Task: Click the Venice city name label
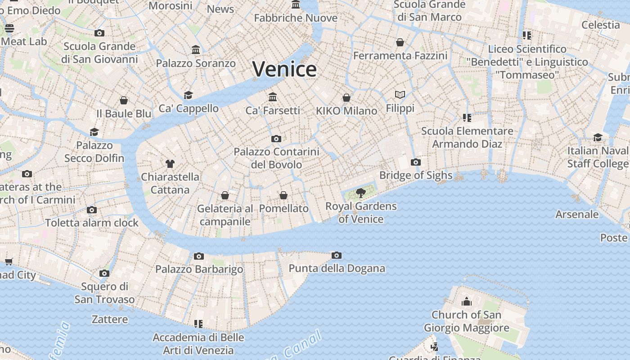click(x=284, y=69)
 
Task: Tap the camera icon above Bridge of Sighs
click(x=416, y=162)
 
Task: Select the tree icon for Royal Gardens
click(x=360, y=193)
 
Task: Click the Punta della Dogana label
click(x=337, y=269)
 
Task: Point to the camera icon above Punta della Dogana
click(x=336, y=256)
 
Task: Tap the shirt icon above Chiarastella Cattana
click(x=170, y=163)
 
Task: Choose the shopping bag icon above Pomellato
click(x=283, y=195)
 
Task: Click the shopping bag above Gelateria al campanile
click(x=225, y=195)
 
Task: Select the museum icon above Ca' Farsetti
click(x=273, y=97)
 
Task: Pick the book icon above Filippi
click(x=400, y=94)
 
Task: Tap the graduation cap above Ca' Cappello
click(x=188, y=95)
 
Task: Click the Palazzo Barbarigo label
click(x=199, y=269)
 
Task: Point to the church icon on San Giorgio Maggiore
click(x=467, y=301)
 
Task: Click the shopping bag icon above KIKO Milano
click(x=346, y=98)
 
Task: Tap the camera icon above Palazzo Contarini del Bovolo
click(x=276, y=139)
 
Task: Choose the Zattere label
click(x=110, y=319)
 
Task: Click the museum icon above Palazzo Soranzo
click(x=196, y=49)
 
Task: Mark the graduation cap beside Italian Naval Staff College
click(x=598, y=137)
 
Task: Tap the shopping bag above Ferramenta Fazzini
click(x=400, y=42)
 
